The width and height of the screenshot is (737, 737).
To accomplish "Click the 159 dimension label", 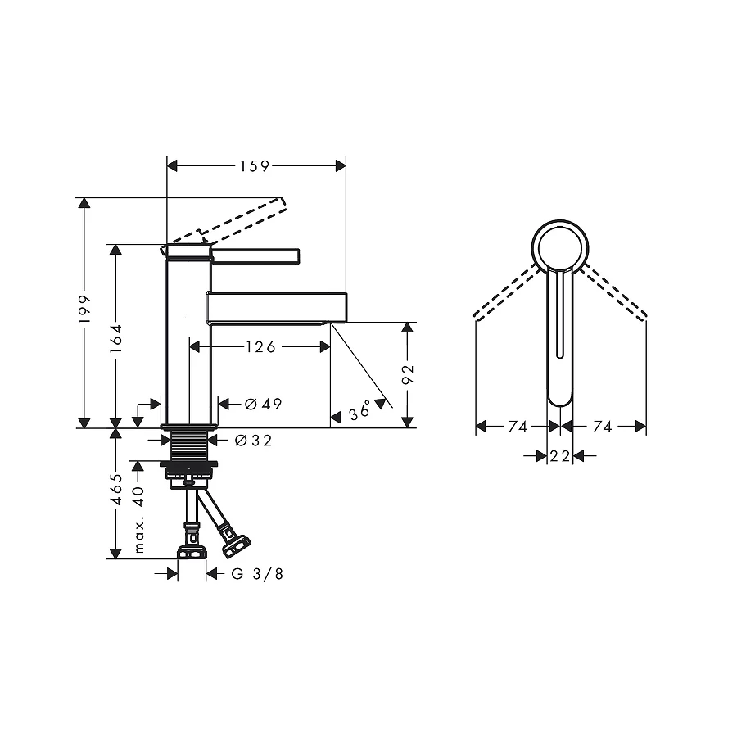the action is pos(255,166).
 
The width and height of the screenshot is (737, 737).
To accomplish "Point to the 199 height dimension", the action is pos(84,309).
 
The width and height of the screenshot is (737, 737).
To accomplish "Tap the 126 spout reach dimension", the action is pos(260,347).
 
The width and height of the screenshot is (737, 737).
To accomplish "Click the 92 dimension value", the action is pos(408,373).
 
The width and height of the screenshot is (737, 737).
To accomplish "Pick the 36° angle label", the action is pos(360,411).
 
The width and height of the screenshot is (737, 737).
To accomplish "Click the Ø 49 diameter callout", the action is pos(264,404).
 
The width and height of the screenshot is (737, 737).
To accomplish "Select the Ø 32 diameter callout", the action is pos(253,441).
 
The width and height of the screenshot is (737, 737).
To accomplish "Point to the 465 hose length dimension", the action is pos(116,489).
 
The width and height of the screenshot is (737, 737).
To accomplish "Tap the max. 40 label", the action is pos(139,519).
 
